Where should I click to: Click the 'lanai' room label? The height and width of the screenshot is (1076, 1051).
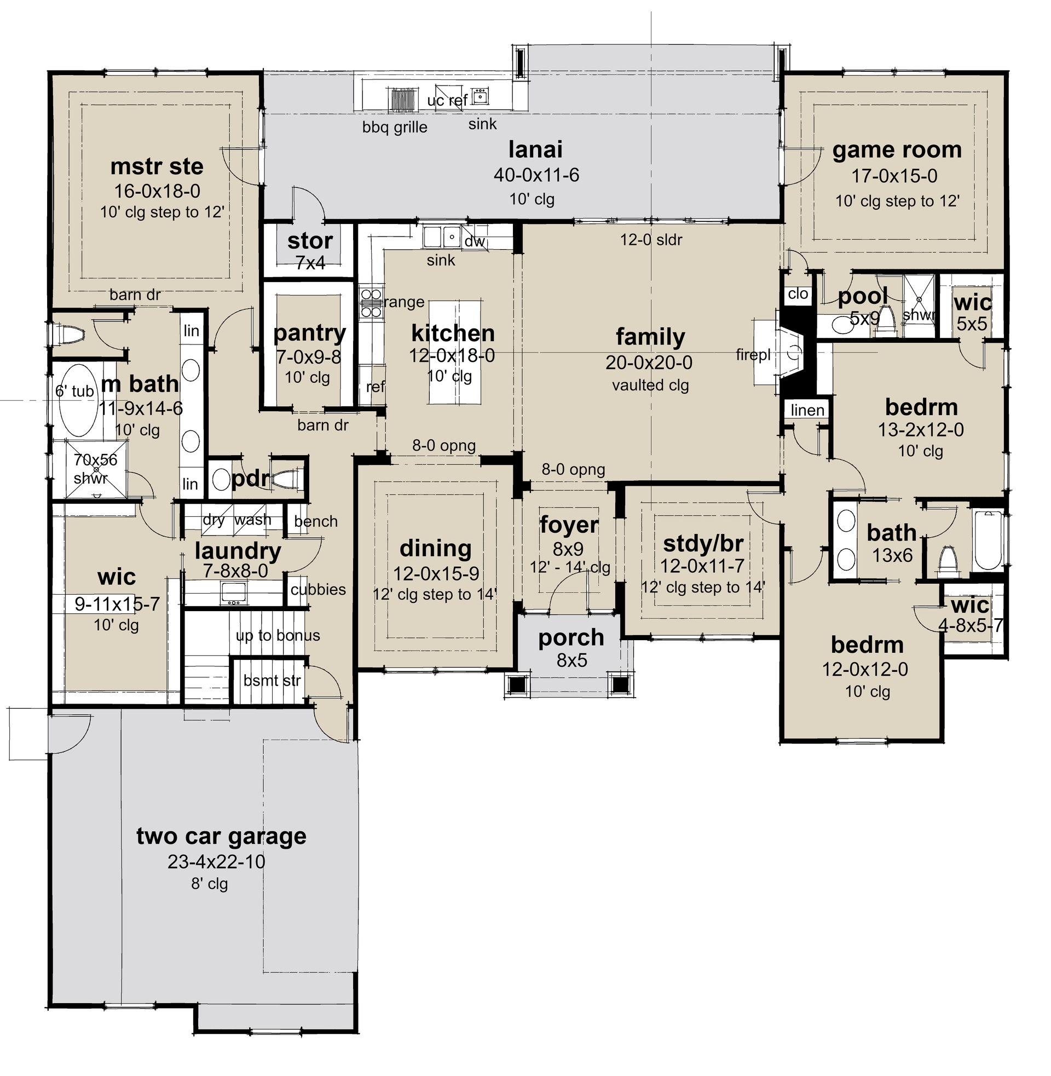click(535, 150)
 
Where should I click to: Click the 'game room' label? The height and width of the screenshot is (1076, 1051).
click(897, 150)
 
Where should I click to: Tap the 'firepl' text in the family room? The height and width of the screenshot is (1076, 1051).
click(752, 355)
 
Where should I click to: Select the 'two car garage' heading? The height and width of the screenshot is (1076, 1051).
click(221, 836)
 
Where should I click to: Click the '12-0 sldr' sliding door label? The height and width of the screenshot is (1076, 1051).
click(651, 240)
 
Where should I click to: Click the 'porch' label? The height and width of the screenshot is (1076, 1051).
click(571, 637)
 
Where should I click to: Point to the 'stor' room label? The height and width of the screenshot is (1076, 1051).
click(310, 241)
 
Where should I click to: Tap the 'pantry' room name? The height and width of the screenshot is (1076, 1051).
click(309, 333)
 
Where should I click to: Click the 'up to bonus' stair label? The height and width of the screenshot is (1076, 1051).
click(278, 635)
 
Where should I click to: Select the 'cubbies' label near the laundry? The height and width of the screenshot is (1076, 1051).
click(318, 590)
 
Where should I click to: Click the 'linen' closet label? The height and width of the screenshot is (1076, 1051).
click(807, 410)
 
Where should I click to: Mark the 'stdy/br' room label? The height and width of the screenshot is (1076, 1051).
click(703, 544)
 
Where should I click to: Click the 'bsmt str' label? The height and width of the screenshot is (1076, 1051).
click(272, 681)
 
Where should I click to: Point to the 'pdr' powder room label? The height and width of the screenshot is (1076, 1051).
click(250, 479)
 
